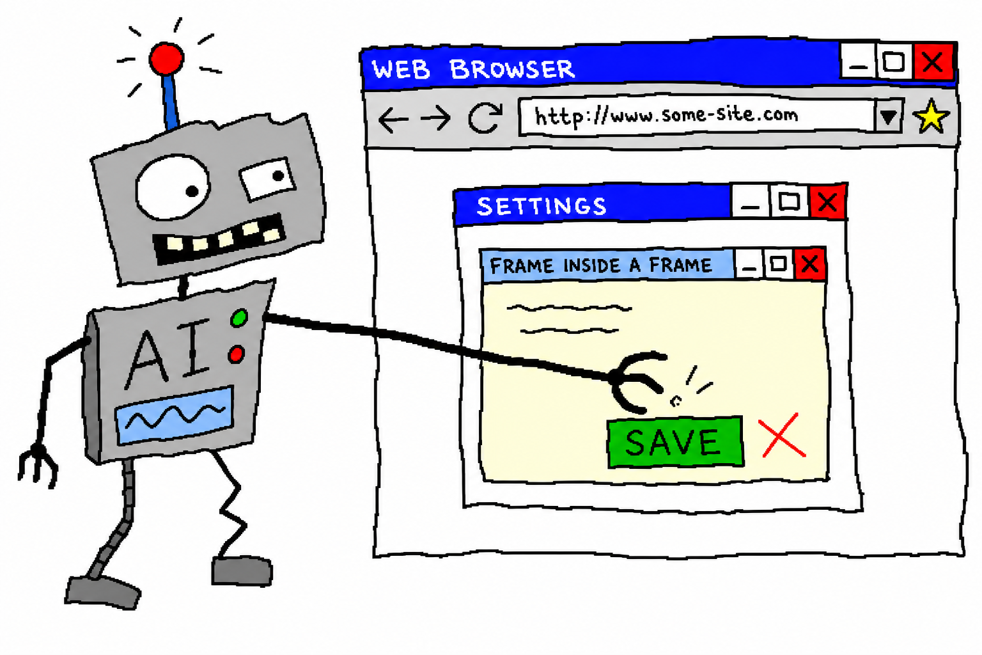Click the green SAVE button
[675, 442]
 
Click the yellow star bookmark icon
[931, 116]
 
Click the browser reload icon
[485, 118]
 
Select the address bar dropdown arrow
[888, 116]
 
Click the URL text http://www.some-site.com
[666, 116]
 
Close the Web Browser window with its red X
[933, 62]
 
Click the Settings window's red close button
[828, 202]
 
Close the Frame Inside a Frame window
[810, 264]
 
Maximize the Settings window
[789, 201]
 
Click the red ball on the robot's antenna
[166, 58]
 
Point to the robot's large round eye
[172, 187]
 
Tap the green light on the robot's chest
[239, 318]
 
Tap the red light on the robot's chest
[237, 354]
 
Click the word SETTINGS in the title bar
[542, 206]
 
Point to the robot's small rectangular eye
[268, 178]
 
